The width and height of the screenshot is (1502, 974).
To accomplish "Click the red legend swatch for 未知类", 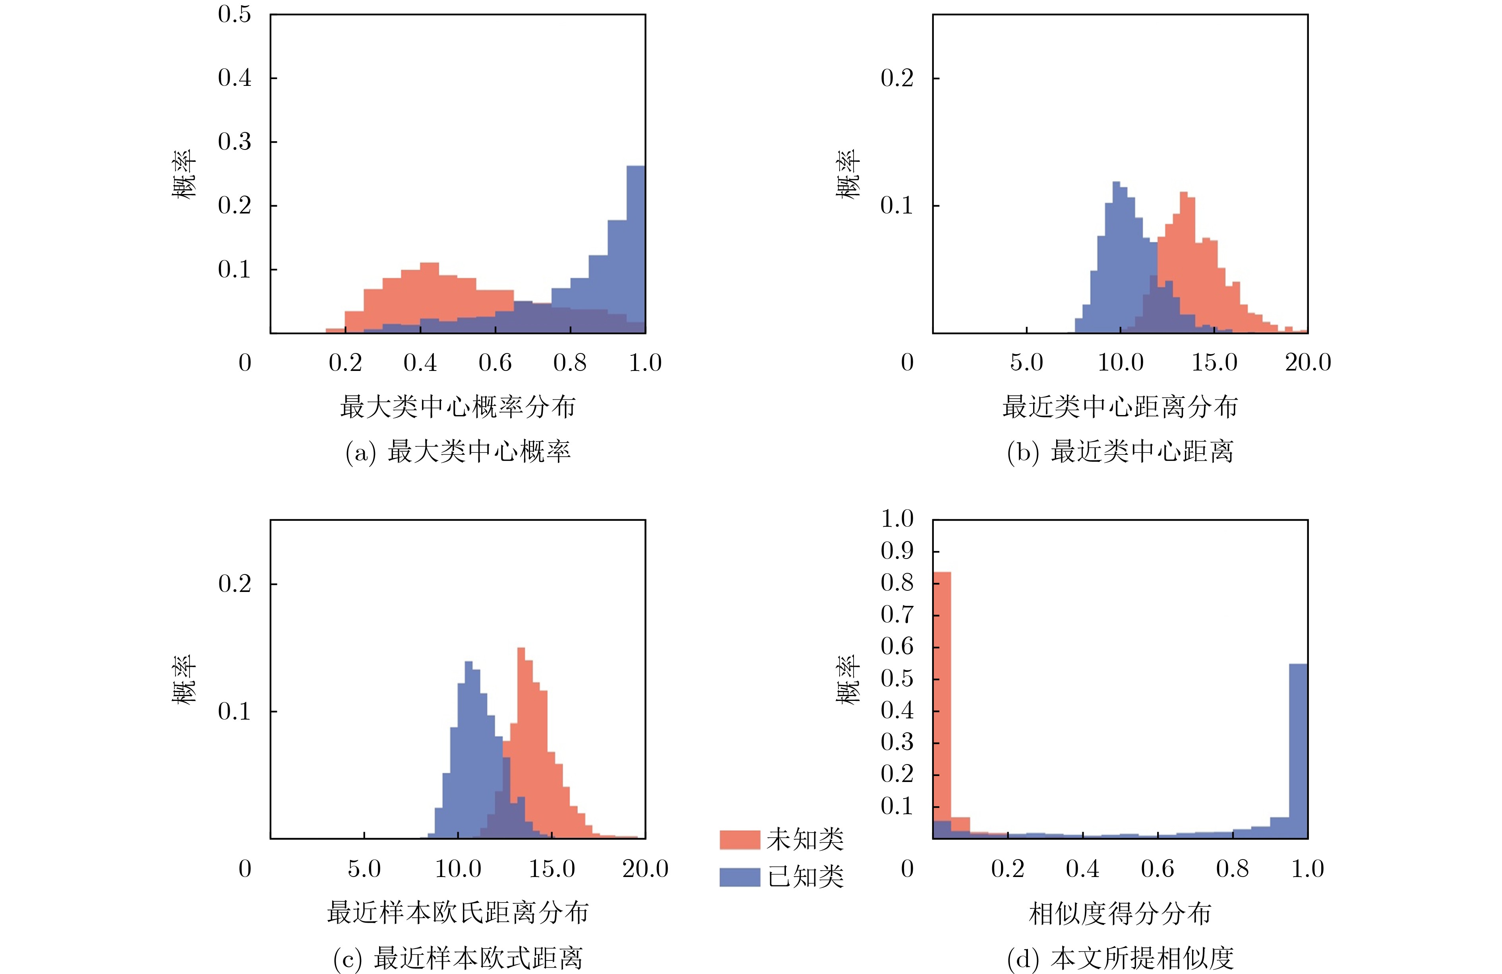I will point(739,840).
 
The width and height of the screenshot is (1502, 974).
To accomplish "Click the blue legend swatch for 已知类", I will point(739,877).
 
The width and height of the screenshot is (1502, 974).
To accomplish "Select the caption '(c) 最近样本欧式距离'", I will point(457,958).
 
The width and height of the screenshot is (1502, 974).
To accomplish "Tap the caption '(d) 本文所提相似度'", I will point(1120,958).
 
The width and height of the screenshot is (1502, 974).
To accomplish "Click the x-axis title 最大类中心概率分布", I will point(457,407).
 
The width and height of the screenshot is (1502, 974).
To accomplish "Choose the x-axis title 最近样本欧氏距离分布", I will point(457,913).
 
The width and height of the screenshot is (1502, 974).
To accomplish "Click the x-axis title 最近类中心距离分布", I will point(1120,407).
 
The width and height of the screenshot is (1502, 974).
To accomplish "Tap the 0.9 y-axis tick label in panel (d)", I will point(897,551).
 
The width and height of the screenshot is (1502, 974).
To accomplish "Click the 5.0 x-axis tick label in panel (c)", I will point(364,869).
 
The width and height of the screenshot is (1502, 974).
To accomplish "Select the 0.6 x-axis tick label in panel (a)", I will point(495,362).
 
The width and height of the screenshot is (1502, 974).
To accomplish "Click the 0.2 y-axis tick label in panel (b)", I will point(897,78).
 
